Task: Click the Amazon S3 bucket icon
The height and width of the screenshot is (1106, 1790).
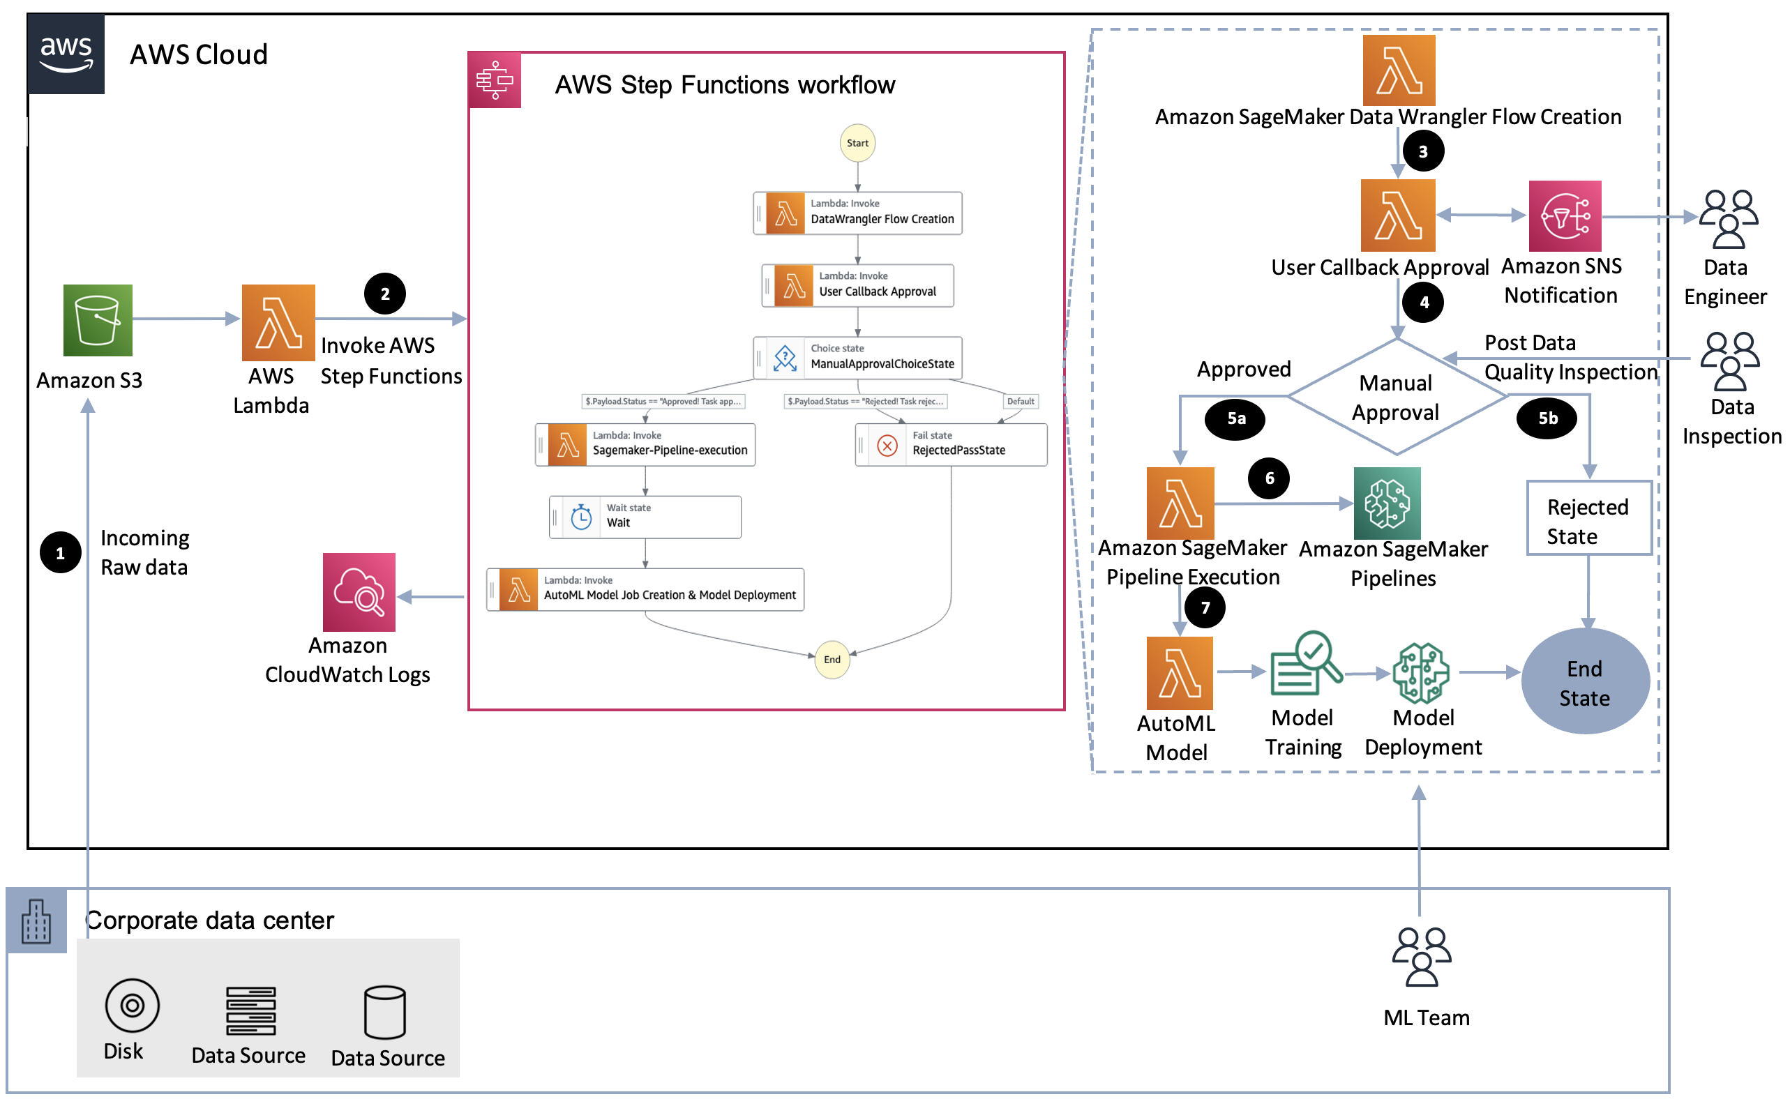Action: click(97, 320)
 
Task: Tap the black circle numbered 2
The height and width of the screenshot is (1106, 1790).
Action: click(385, 294)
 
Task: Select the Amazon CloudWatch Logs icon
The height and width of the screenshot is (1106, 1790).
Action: click(359, 593)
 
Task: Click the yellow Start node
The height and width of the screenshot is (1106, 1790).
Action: click(857, 144)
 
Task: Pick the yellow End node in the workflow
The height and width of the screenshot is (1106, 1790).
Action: click(832, 660)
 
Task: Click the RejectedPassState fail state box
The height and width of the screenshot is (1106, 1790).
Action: click(951, 445)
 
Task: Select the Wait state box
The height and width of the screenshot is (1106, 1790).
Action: click(645, 517)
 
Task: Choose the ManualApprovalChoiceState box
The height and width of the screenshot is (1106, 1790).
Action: click(857, 358)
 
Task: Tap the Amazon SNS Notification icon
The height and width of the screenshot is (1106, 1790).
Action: click(1564, 216)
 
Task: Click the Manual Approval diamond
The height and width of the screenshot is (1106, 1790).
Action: click(1396, 397)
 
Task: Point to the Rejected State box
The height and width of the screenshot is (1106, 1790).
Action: click(1588, 518)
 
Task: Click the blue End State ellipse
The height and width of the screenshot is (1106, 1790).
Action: click(1584, 681)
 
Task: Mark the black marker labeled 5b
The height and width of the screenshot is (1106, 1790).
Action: click(1547, 418)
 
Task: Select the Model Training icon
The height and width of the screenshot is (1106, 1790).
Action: click(1305, 664)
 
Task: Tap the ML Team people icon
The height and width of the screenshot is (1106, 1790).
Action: click(1420, 957)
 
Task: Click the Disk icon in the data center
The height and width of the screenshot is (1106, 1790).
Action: click(133, 1005)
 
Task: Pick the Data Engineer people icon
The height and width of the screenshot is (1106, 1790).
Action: click(1727, 219)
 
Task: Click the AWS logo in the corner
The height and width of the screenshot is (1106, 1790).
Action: click(66, 54)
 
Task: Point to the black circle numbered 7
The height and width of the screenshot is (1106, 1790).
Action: click(1204, 607)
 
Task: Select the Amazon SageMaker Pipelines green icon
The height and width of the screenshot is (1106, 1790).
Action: click(1387, 503)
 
